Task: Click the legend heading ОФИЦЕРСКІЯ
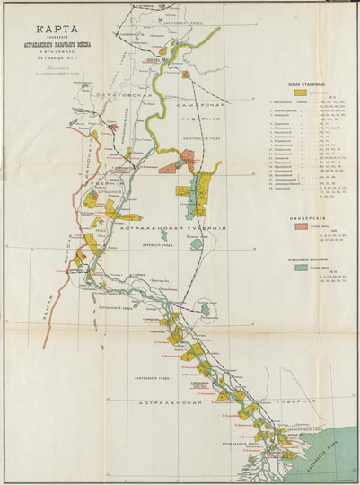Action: tap(302, 216)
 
